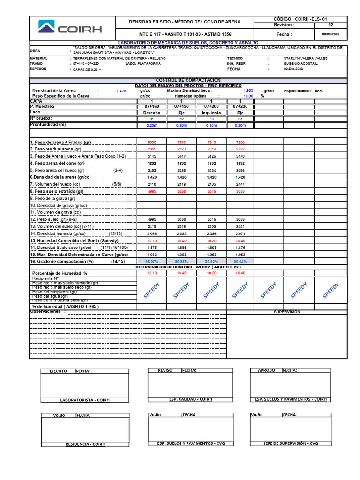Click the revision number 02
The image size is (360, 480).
click(x=331, y=25)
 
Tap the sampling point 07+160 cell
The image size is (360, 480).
click(x=151, y=107)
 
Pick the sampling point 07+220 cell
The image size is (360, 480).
click(x=240, y=107)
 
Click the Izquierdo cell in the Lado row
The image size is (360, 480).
click(x=211, y=113)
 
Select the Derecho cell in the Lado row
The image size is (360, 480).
click(x=151, y=113)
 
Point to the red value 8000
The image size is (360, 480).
click(x=151, y=142)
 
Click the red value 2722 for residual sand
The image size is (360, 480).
click(x=240, y=149)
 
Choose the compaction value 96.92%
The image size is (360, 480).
click(x=211, y=261)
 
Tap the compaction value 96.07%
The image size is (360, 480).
click(x=151, y=261)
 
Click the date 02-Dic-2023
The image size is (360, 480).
click(x=294, y=69)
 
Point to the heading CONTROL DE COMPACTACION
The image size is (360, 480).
click(x=188, y=81)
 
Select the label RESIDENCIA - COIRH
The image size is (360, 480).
click(x=85, y=444)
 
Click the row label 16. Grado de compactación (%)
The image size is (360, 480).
click(x=62, y=261)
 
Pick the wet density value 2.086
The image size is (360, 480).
click(x=211, y=233)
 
